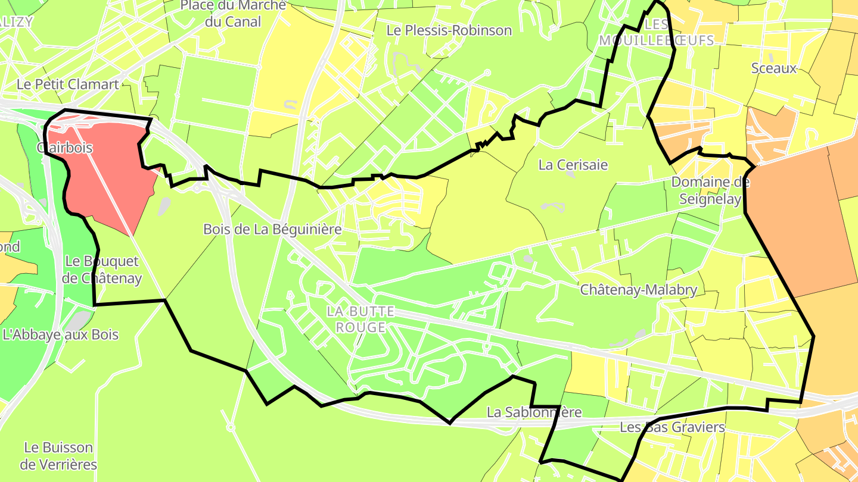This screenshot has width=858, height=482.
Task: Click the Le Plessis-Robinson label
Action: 449,30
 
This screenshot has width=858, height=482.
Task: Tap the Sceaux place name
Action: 773,68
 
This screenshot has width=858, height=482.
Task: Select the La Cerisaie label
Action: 573,165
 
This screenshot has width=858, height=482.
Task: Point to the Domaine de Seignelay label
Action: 710,190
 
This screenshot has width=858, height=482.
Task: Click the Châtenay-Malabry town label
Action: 639,290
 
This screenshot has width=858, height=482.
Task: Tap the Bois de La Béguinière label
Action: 272,229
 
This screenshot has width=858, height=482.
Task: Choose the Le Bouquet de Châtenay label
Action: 102,270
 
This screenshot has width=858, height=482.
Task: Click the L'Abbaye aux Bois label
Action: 60,334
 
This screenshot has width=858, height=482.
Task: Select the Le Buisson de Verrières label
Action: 58,455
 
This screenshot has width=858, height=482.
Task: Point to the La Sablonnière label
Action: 533,412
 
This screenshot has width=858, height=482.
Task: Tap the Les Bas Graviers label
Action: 672,427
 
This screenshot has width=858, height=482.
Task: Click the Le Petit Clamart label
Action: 67,84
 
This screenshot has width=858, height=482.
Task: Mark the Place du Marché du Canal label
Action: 233,14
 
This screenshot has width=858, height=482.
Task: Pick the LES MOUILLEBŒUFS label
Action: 656,32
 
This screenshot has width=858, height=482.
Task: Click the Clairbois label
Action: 64,147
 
